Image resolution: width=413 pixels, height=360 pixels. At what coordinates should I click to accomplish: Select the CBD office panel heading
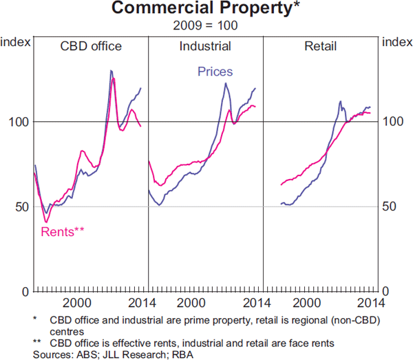[x=91, y=47]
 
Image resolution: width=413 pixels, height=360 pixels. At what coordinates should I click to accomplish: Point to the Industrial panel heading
[x=205, y=47]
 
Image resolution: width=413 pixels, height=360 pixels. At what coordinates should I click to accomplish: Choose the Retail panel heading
[x=320, y=47]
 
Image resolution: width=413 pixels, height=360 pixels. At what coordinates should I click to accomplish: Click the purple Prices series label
[x=215, y=72]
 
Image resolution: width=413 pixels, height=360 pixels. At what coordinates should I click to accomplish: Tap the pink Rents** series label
[x=63, y=231]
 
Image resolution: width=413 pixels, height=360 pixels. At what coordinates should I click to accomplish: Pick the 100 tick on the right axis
[x=391, y=122]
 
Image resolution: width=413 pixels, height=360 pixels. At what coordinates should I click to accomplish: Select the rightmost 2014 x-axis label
[x=369, y=303]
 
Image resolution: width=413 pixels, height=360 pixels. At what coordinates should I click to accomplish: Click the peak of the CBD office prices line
[x=111, y=71]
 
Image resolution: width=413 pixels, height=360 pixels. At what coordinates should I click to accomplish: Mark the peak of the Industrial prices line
[x=226, y=83]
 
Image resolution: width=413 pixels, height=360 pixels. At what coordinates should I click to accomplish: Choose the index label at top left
[x=16, y=42]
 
